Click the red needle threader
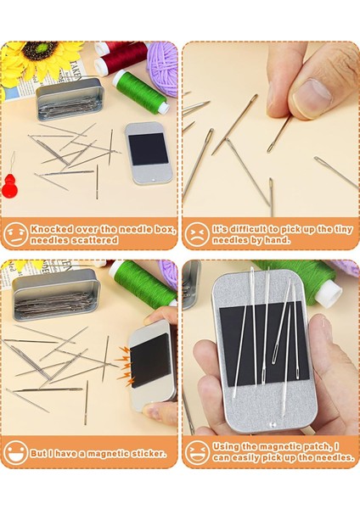point(9,185)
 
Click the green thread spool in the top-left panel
point(141,92)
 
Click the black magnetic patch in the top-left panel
point(148,148)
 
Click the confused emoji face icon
point(15,234)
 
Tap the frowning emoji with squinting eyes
point(197,234)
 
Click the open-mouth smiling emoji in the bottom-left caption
point(15,452)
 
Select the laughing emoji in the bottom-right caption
point(197,452)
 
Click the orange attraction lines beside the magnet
point(125,363)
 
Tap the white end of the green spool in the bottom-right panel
point(329,294)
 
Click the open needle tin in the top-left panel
point(69,98)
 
